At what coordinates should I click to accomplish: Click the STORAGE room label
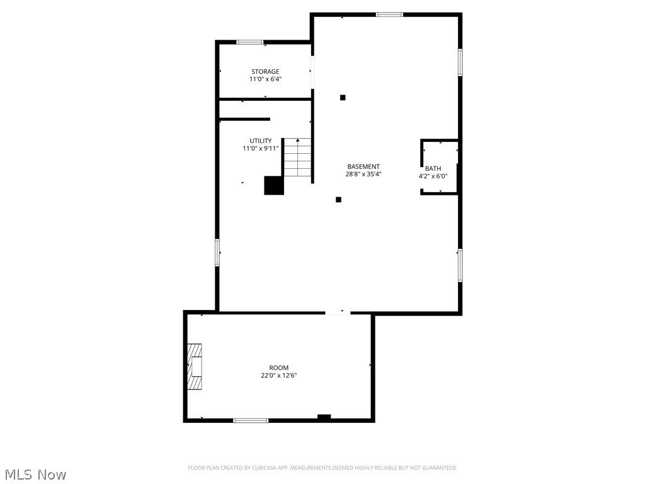265,72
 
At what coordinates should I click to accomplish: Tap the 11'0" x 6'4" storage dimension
265,79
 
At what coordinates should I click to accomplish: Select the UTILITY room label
260,141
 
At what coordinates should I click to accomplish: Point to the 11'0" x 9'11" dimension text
260,149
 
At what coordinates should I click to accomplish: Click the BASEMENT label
363,167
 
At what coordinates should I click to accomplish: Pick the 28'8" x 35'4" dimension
363,175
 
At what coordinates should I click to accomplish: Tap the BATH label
433,169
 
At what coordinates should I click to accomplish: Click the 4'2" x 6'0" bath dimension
433,176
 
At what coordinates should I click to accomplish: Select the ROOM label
278,368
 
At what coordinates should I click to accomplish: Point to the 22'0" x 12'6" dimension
278,376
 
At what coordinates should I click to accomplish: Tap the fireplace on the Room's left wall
195,367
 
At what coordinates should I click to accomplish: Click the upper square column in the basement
343,97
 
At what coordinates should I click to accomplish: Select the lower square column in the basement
338,200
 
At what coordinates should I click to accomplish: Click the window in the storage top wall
250,42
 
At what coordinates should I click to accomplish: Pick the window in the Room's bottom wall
251,420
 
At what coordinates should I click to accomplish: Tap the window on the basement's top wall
389,14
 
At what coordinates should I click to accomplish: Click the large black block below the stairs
273,185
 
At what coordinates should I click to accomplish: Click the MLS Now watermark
35,474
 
